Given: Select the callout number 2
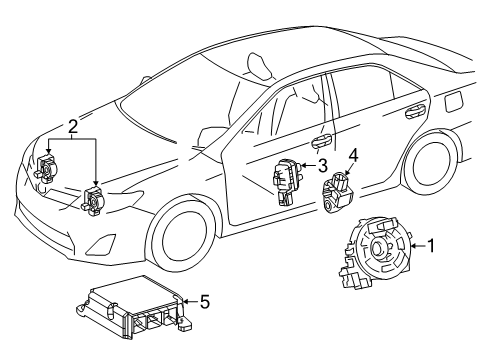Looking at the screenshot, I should [72, 127].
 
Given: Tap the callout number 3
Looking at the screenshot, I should [322, 166].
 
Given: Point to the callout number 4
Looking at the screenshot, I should [352, 155].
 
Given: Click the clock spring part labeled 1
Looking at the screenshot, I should [377, 277].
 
